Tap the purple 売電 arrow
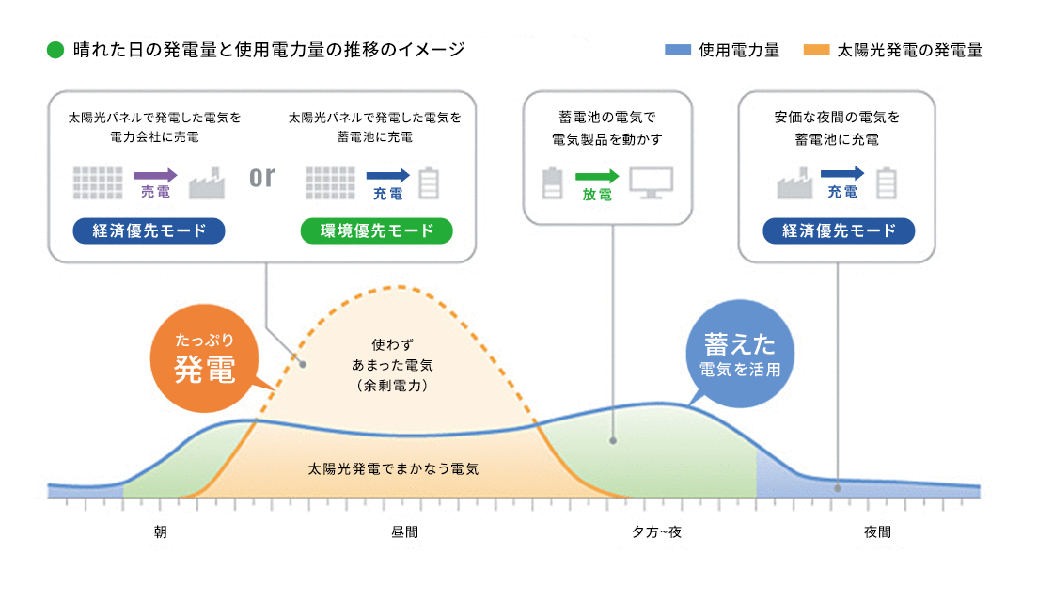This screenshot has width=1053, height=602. pyautogui.click(x=155, y=175)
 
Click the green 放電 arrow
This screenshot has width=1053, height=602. pyautogui.click(x=597, y=176)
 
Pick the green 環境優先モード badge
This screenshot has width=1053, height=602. pyautogui.click(x=376, y=231)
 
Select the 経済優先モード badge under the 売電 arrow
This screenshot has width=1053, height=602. pyautogui.click(x=149, y=231)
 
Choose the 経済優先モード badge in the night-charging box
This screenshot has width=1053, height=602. pyautogui.click(x=839, y=231)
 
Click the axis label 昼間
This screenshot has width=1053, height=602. pyautogui.click(x=404, y=532)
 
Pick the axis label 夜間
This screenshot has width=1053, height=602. pyautogui.click(x=877, y=532)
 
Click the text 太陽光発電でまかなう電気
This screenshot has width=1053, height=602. pyautogui.click(x=394, y=467)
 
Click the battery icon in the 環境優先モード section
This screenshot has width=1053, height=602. pyautogui.click(x=429, y=182)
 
